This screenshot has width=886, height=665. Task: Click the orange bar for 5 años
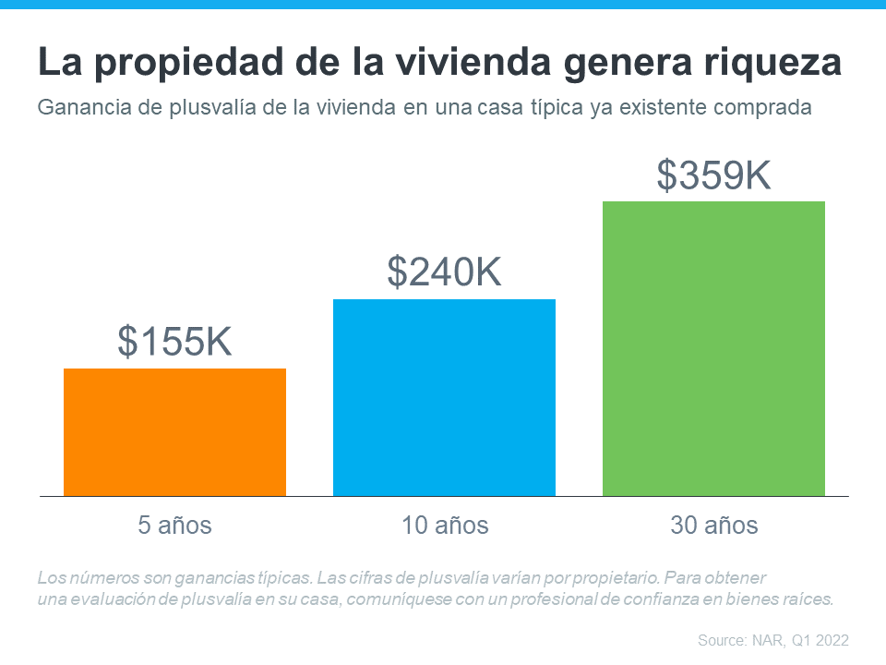tap(174, 431)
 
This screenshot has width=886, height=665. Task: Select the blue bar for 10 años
tap(444, 397)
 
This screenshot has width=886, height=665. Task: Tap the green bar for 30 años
tap(713, 348)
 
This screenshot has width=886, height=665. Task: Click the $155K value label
tap(174, 342)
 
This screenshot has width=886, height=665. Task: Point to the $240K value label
tap(444, 272)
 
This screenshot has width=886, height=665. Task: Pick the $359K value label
tap(713, 175)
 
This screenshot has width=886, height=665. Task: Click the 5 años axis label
tap(174, 526)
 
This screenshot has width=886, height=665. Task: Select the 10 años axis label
tap(445, 526)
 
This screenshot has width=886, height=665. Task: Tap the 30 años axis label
tap(713, 526)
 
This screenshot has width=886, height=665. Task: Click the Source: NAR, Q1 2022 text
tap(772, 639)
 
